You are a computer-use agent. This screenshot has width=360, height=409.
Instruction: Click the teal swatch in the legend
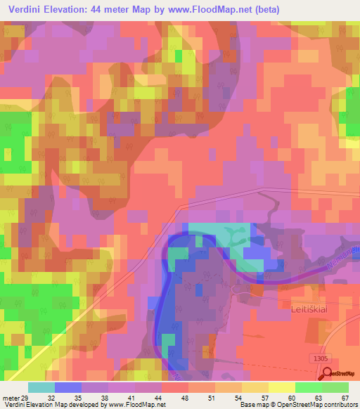pyautogui.click(x=41, y=387)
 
